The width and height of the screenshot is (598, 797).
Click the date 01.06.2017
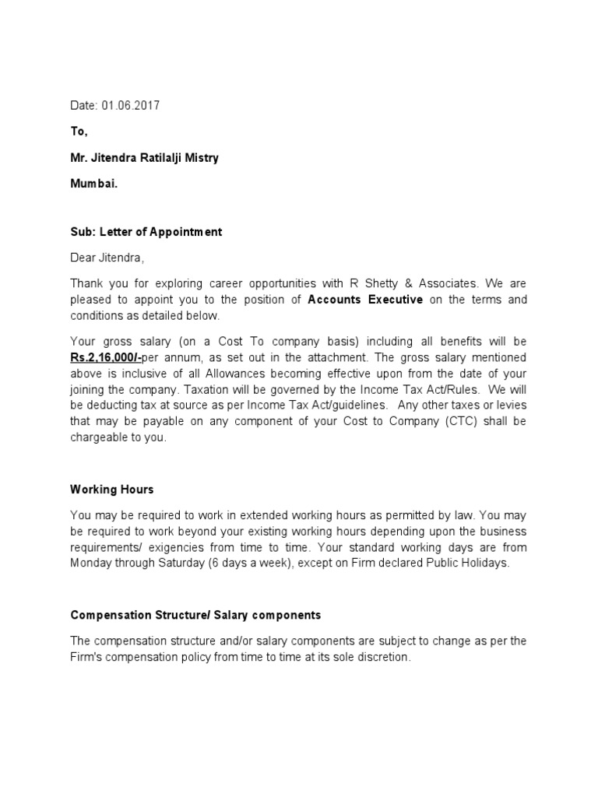pos(130,106)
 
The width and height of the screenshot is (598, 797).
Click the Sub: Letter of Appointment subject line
pos(146,232)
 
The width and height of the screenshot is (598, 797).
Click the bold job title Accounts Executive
pos(365,300)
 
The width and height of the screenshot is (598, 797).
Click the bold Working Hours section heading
pos(111,490)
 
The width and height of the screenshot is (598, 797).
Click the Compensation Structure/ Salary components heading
pos(195,615)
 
